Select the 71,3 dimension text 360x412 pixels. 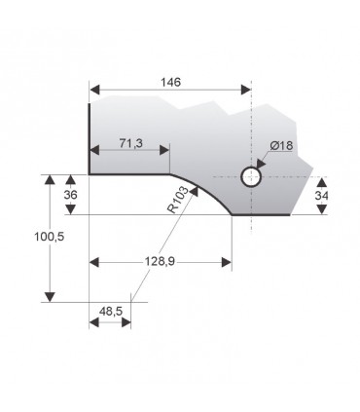tap(130, 143)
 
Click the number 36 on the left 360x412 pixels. tap(69, 195)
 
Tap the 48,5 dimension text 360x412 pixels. tap(110, 311)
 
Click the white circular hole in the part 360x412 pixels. tap(251, 176)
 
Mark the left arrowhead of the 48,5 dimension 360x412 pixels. tap(94, 322)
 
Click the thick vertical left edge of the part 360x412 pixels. tap(90, 136)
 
